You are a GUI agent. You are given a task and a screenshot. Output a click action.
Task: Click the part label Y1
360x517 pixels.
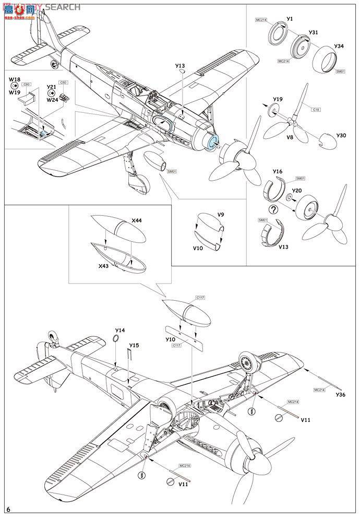[x=290, y=19]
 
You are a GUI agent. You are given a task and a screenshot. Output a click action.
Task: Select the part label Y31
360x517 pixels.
[x=313, y=32]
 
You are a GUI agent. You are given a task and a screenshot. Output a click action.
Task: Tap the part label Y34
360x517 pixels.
[x=339, y=46]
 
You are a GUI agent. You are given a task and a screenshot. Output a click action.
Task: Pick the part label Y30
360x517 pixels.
[x=341, y=136]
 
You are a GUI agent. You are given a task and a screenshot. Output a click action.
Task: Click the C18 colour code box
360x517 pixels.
[x=316, y=110]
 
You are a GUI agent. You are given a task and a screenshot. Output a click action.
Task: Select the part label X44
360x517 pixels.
[x=136, y=221]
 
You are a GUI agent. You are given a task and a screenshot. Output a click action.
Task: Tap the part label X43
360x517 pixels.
[x=104, y=266]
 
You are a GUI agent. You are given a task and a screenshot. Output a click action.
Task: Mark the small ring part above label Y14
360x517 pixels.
[x=117, y=339]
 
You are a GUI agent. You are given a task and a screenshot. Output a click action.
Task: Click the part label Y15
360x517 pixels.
[x=134, y=345]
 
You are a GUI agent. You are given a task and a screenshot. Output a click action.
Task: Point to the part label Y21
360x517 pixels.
[x=51, y=87]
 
